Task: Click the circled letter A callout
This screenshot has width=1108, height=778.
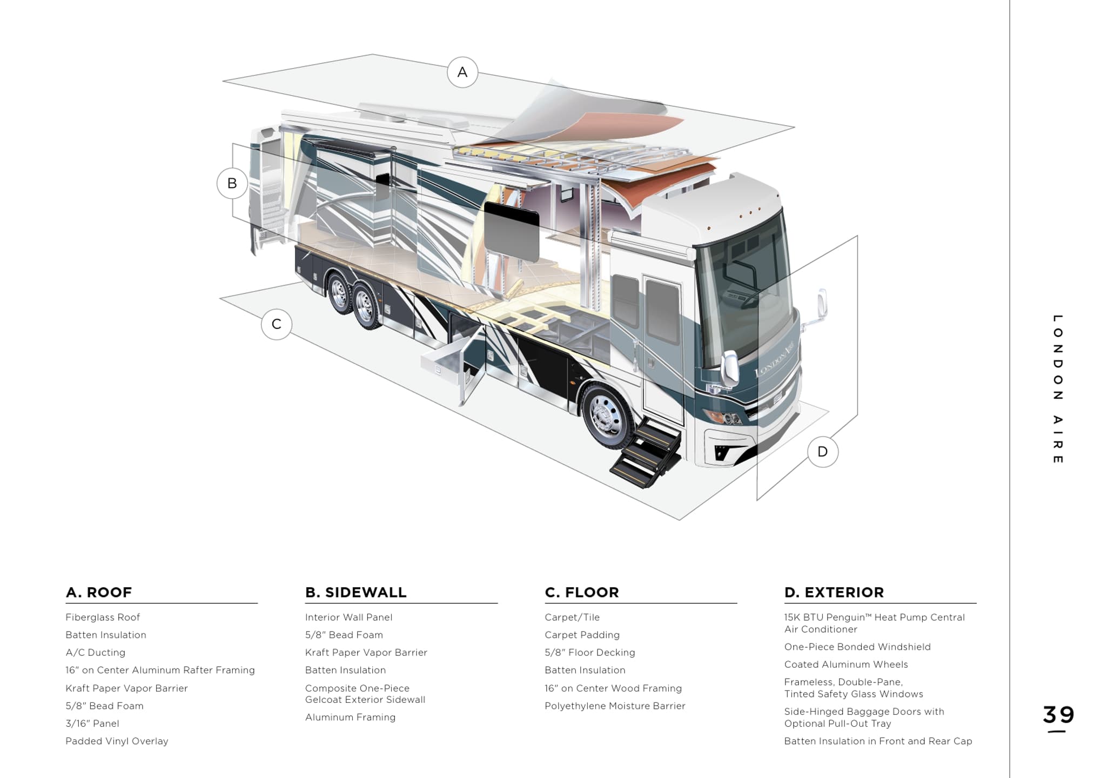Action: point(462,72)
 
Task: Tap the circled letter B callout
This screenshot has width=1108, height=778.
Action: point(232,184)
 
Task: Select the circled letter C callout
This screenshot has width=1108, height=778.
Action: point(277,324)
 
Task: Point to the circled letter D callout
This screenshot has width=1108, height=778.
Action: point(823,452)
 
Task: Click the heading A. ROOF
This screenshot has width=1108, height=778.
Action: point(99,593)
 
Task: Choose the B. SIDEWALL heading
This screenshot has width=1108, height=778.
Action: point(355,593)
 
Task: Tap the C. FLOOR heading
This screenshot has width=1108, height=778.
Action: point(582,593)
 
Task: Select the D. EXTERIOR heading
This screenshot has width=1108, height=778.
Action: point(834,593)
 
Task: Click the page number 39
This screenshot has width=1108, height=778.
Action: point(1058,715)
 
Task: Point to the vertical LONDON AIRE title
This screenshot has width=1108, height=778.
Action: point(1058,389)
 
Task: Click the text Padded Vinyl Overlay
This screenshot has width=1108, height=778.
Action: point(117,741)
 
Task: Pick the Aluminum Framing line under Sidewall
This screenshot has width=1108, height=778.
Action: point(350,717)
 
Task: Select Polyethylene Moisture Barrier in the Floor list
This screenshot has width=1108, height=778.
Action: point(615,706)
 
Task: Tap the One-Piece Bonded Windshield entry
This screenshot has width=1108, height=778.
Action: point(857,647)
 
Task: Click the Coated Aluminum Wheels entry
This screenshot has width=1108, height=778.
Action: point(846,665)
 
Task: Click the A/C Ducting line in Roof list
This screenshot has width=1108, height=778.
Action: point(95,653)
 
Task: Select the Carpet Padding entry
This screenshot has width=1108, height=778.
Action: point(582,635)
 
